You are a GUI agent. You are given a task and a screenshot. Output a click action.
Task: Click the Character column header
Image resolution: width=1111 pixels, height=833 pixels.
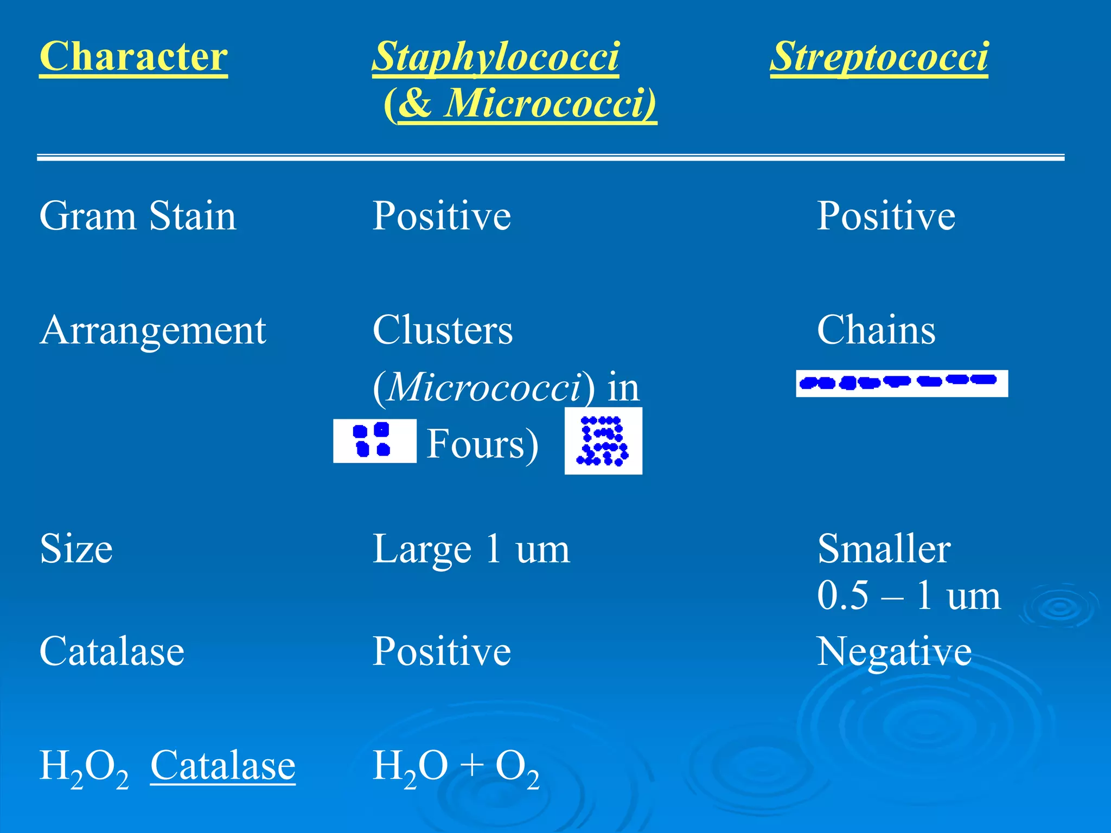pyautogui.click(x=133, y=56)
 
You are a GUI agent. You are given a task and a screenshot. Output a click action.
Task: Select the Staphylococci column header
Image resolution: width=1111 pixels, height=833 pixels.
pyautogui.click(x=495, y=56)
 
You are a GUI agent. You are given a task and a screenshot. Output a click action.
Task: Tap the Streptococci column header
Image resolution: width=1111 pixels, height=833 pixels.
pyautogui.click(x=879, y=56)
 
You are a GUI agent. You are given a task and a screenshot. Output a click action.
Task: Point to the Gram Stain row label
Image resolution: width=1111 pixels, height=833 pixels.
pyautogui.click(x=138, y=216)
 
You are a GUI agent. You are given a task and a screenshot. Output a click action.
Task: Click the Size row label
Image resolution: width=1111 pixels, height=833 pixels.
pyautogui.click(x=76, y=549)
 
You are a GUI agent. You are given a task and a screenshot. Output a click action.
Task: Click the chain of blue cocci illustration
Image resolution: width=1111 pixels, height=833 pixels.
pyautogui.click(x=902, y=383)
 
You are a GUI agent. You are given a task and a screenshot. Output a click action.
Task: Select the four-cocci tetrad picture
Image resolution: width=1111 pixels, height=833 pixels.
pyautogui.click(x=374, y=440)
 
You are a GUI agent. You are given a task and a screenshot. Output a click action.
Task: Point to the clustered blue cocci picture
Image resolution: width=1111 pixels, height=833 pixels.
pyautogui.click(x=603, y=441)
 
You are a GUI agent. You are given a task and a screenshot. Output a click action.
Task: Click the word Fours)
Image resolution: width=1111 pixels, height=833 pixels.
pyautogui.click(x=482, y=444)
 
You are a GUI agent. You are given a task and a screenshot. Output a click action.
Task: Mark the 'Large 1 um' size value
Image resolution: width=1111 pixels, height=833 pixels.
pyautogui.click(x=471, y=549)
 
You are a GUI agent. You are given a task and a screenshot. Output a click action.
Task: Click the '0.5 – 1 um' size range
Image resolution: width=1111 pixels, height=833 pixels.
pyautogui.click(x=909, y=595)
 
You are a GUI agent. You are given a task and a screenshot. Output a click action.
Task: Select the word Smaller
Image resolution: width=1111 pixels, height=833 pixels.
pyautogui.click(x=884, y=549)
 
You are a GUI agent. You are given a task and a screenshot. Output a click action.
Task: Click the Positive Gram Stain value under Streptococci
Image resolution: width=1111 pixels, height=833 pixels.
pyautogui.click(x=886, y=216)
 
